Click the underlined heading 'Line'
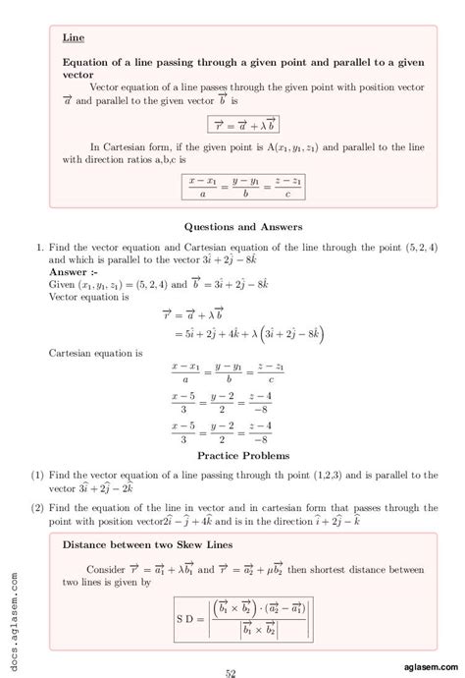(x=73, y=37)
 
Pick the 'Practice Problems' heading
(x=243, y=456)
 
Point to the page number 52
(x=232, y=672)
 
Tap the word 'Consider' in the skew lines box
(x=106, y=569)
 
